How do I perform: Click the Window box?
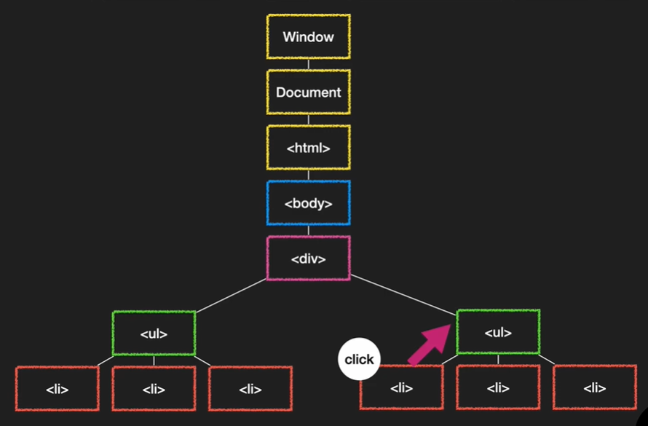pyautogui.click(x=308, y=36)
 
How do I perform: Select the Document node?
pyautogui.click(x=308, y=92)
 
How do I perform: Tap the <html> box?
pyautogui.click(x=308, y=148)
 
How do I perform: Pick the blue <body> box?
pyautogui.click(x=308, y=203)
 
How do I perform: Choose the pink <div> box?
pyautogui.click(x=308, y=259)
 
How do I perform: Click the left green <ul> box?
pyautogui.click(x=154, y=334)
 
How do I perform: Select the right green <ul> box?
pyautogui.click(x=498, y=333)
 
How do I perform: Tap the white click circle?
pyautogui.click(x=359, y=359)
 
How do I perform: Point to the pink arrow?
pyautogui.click(x=429, y=343)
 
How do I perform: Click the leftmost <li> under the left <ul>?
pyautogui.click(x=57, y=389)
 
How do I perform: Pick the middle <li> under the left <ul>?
pyautogui.click(x=154, y=389)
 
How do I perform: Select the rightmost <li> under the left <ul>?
pyautogui.click(x=250, y=389)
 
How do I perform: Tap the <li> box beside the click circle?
pyautogui.click(x=401, y=388)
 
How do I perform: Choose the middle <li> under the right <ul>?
pyautogui.click(x=498, y=387)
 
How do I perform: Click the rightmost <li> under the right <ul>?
pyautogui.click(x=594, y=387)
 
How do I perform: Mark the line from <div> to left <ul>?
pyautogui.click(x=232, y=296)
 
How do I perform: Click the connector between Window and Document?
pyautogui.click(x=308, y=64)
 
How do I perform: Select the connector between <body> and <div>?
pyautogui.click(x=308, y=231)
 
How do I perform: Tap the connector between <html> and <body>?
pyautogui.click(x=308, y=175)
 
